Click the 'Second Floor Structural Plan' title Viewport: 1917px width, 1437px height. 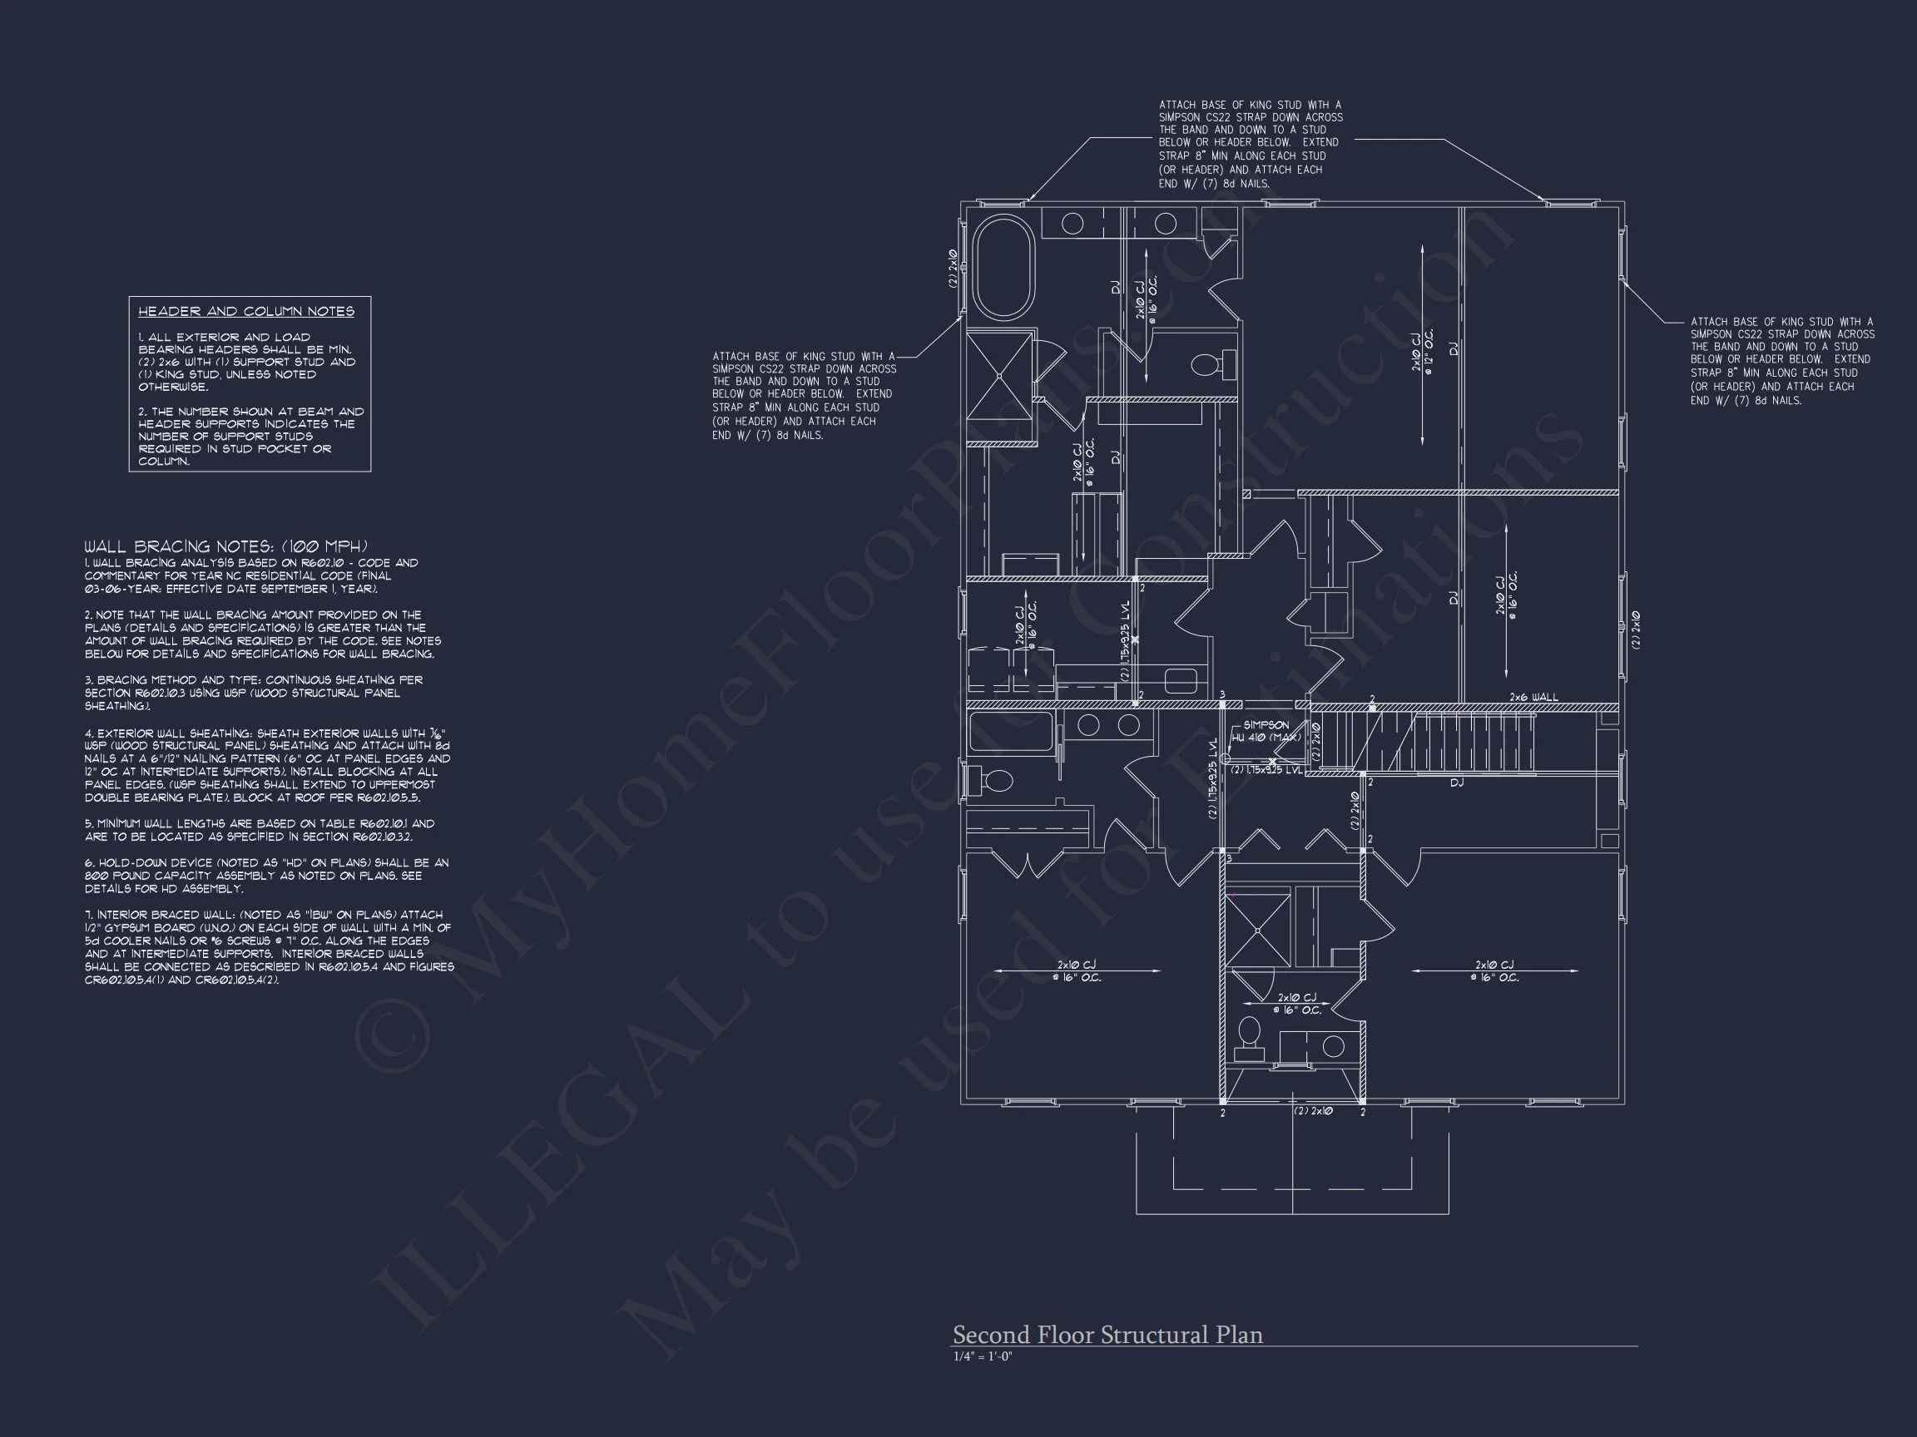click(1107, 1335)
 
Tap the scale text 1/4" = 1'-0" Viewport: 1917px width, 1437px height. click(982, 1356)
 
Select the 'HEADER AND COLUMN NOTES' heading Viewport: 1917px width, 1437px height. click(246, 312)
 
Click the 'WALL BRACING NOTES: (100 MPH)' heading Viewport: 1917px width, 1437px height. click(226, 546)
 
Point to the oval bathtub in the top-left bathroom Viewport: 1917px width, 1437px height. click(1003, 268)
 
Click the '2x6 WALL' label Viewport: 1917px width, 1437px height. click(1533, 696)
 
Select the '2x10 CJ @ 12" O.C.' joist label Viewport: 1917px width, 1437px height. click(1422, 350)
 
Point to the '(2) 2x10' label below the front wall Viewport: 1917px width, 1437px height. click(1313, 1111)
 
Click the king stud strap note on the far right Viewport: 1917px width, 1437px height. click(1782, 361)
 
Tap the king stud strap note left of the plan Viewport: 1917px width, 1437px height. click(804, 396)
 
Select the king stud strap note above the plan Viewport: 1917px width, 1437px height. click(1250, 144)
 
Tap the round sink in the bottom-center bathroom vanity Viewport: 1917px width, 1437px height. click(1334, 1046)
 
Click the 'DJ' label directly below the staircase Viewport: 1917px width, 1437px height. click(1457, 783)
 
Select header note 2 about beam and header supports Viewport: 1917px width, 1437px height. click(250, 437)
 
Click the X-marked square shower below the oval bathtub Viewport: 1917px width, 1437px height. click(999, 376)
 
